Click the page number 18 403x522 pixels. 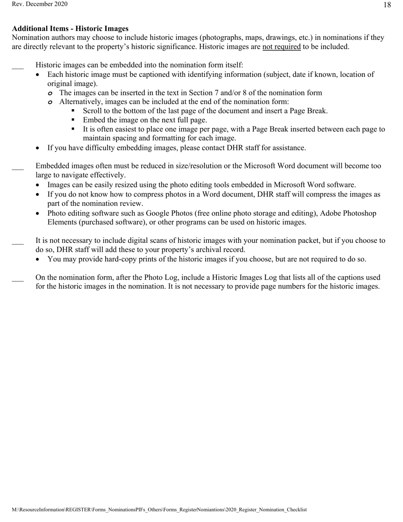387,5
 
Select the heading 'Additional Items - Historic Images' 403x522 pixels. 70,28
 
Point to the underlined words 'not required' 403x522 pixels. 281,47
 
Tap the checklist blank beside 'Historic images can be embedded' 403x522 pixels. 18,66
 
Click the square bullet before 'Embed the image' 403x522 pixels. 73,120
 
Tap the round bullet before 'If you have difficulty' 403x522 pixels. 39,148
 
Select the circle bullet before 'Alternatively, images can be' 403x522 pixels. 50,102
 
